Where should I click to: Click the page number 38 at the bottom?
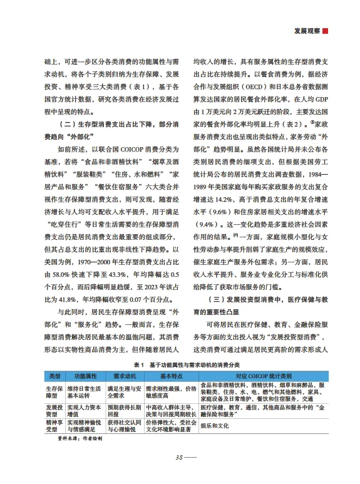(x=180, y=456)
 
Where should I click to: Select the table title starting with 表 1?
(x=180, y=364)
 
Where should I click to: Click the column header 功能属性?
(x=86, y=374)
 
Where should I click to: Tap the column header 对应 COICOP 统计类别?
(x=262, y=374)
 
